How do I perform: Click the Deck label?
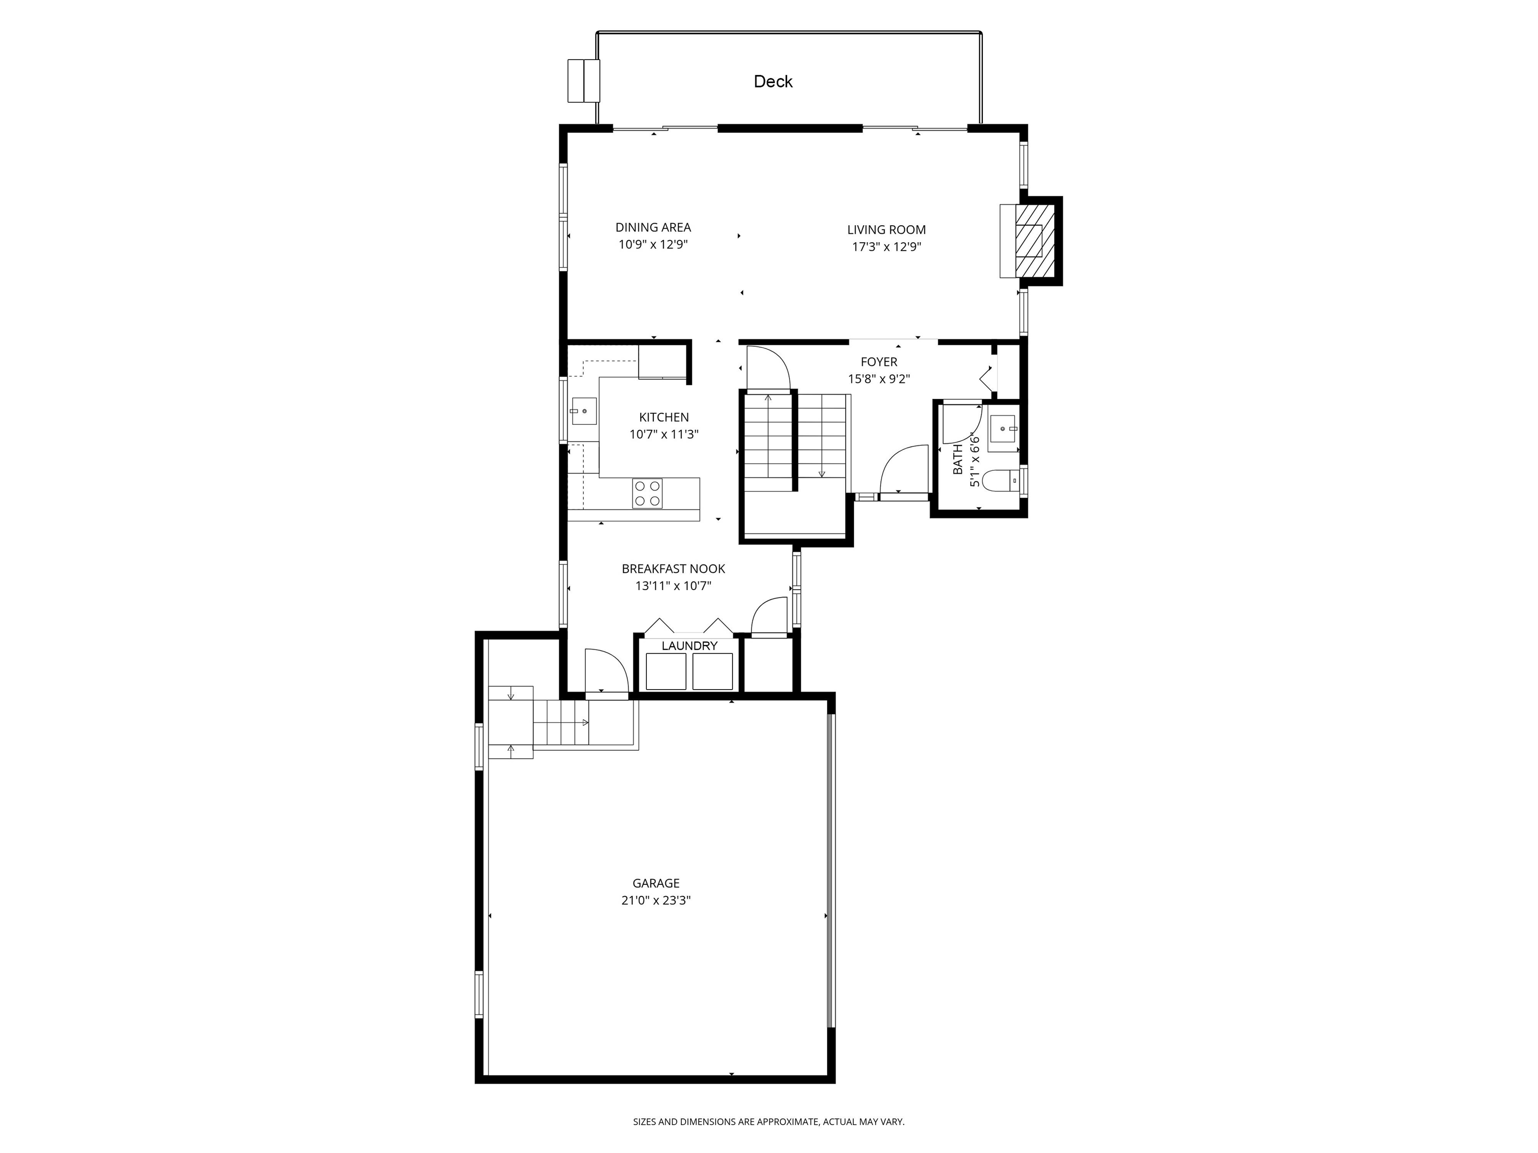pos(773,82)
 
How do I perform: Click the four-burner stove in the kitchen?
pos(647,493)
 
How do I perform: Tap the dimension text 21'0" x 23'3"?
pos(656,901)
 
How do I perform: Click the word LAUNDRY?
pos(689,646)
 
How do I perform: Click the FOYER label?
pos(879,362)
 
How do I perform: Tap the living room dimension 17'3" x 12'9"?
pos(887,247)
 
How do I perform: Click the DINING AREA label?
pos(653,227)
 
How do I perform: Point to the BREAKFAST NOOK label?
pos(673,568)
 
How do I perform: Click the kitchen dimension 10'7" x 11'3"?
pos(664,434)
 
